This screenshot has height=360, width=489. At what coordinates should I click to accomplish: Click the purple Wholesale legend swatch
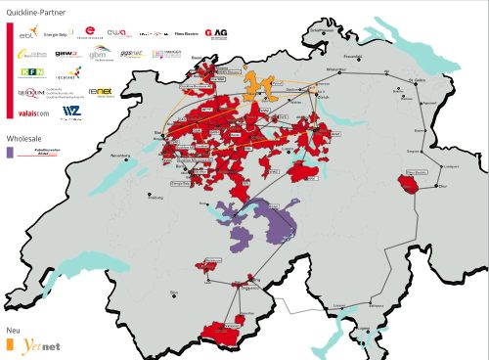pyautogui.click(x=10, y=153)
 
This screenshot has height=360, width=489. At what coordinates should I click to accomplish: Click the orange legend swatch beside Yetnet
pyautogui.click(x=10, y=345)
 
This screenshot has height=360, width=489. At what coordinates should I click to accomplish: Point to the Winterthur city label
pyautogui.click(x=336, y=70)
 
